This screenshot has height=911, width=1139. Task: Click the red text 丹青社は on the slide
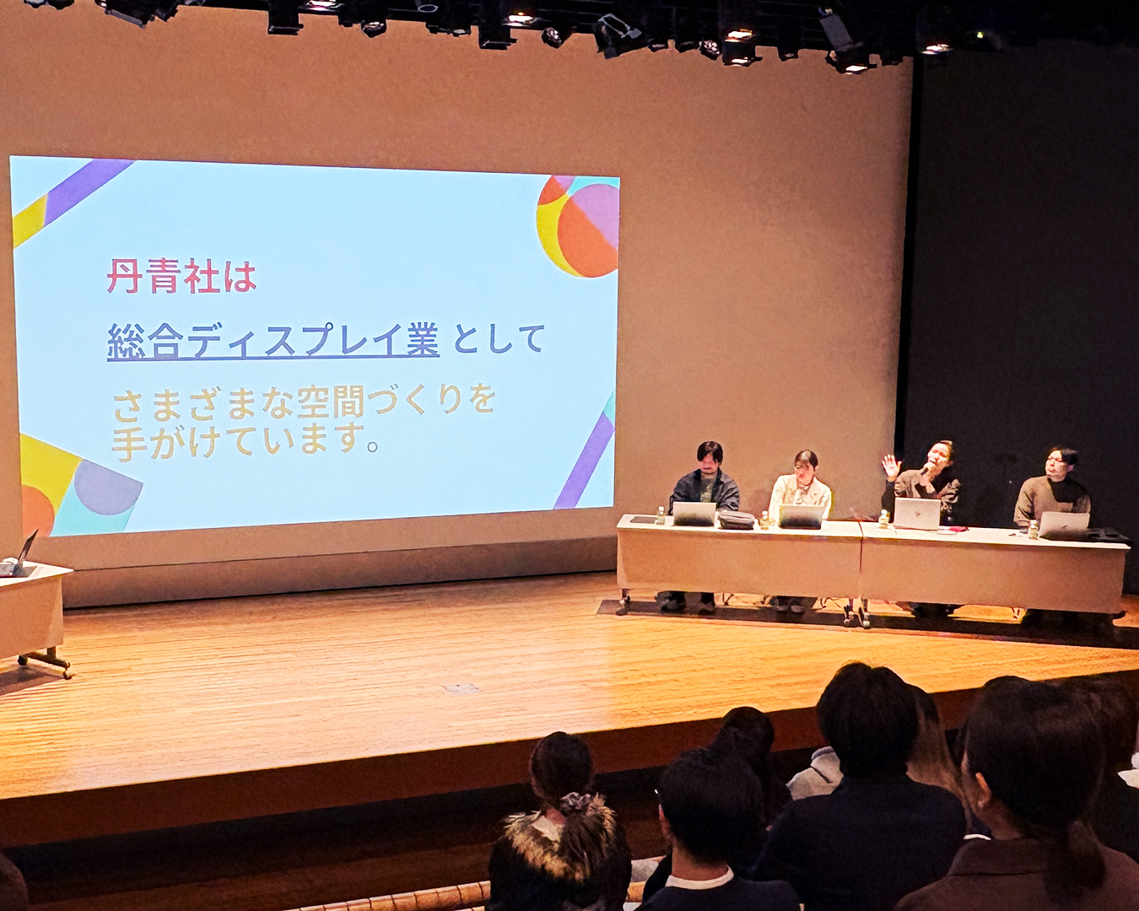pyautogui.click(x=181, y=276)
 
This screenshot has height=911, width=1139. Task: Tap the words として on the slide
pyautogui.click(x=499, y=339)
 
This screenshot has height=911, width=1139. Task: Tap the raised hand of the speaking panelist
pyautogui.click(x=891, y=466)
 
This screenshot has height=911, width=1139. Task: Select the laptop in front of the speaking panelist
pyautogui.click(x=917, y=513)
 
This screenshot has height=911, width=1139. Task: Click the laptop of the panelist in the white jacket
pyautogui.click(x=801, y=516)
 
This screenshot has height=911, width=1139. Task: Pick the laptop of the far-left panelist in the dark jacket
pyautogui.click(x=694, y=514)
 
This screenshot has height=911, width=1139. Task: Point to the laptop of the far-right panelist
pyautogui.click(x=1063, y=524)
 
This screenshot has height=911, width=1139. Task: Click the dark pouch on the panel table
pyautogui.click(x=737, y=519)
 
